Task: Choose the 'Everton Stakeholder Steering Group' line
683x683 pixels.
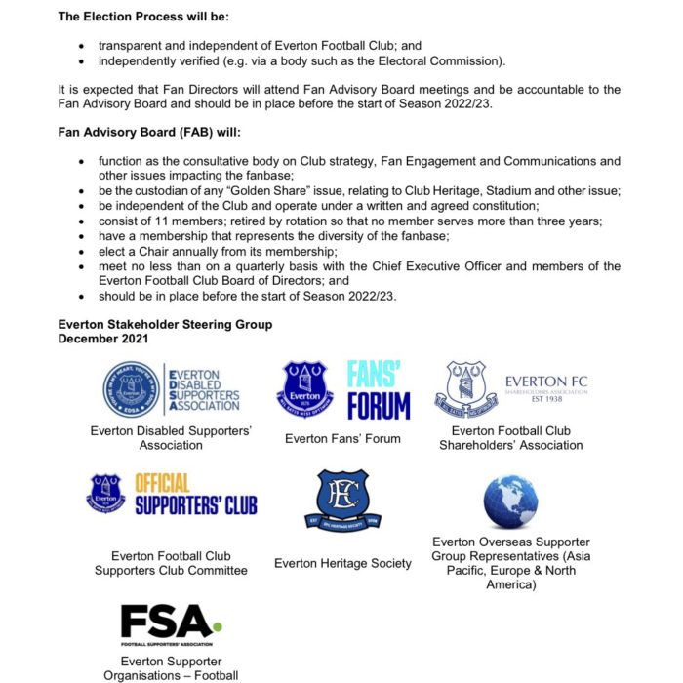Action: (165, 324)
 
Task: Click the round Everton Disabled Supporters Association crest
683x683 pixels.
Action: (133, 388)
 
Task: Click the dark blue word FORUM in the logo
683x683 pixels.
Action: (379, 404)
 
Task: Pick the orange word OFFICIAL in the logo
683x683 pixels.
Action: (162, 483)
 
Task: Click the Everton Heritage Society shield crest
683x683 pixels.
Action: (343, 500)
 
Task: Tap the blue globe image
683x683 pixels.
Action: (510, 502)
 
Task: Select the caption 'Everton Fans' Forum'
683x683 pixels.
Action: (342, 438)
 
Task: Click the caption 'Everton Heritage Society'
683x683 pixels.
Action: (342, 563)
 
